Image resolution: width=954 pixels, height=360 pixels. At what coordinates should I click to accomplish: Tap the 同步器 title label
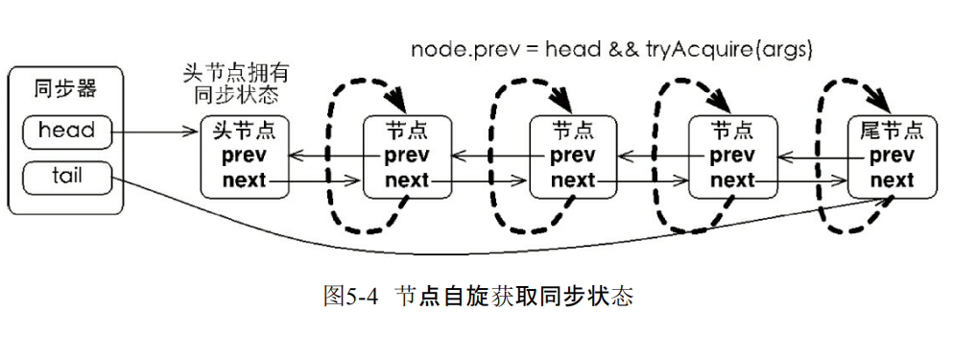[65, 91]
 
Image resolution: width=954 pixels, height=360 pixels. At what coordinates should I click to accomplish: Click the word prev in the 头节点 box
[244, 156]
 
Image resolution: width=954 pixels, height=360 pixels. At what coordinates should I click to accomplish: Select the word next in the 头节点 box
[244, 180]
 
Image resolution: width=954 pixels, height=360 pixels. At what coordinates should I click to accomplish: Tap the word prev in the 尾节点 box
[892, 156]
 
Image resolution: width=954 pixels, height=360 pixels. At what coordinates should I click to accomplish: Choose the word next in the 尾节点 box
[892, 180]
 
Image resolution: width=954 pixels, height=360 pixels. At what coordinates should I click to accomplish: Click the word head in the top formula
[573, 49]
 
